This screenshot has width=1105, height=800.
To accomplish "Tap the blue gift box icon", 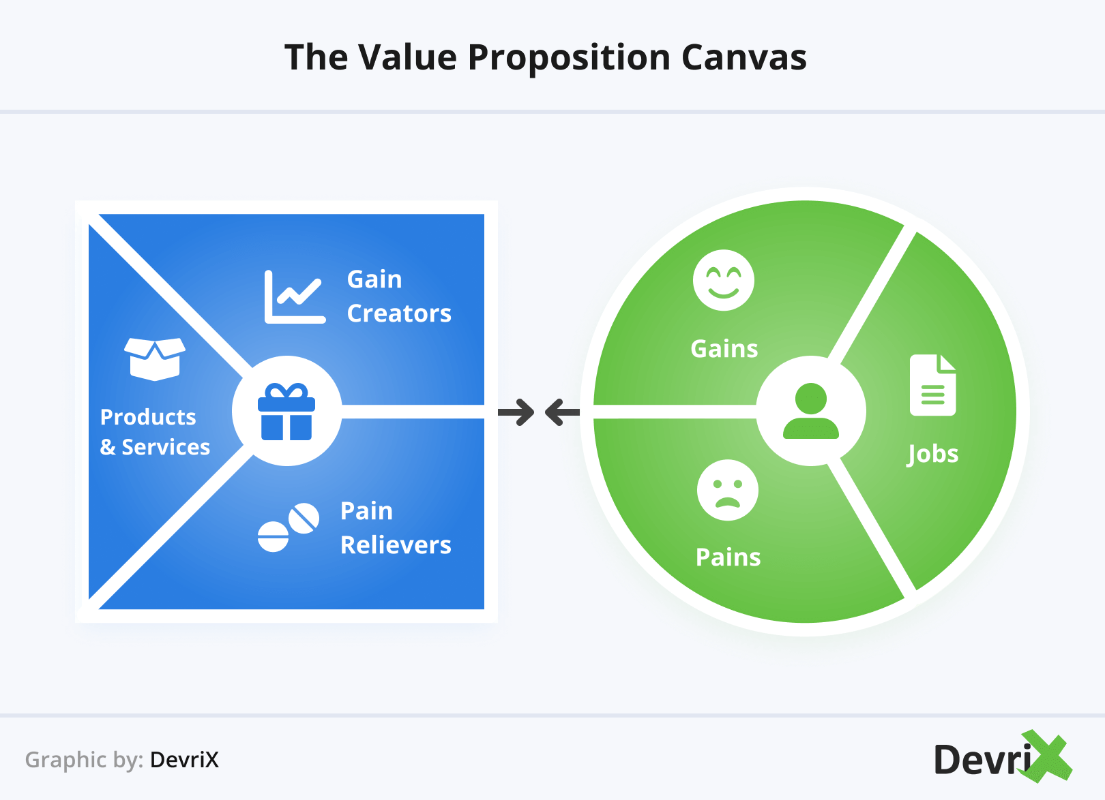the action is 286,412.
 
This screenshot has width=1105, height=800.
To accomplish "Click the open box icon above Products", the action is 155,358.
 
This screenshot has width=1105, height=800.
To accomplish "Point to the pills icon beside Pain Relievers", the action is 288,527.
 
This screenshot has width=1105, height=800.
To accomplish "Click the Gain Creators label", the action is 399,296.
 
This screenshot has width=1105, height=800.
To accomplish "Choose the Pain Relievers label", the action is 396,528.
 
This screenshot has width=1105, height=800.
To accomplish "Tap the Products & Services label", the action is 155,432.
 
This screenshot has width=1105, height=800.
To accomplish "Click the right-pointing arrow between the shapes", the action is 516,412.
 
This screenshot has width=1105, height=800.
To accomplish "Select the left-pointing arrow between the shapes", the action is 562,412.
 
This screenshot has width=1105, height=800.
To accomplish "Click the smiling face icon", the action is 724,280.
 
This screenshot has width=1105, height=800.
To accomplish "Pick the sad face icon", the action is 728,490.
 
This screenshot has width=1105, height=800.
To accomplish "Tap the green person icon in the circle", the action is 811,411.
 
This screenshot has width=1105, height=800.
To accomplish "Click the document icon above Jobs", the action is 932,385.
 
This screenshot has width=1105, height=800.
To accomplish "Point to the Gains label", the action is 724,349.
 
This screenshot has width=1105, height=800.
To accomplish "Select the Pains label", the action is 728,557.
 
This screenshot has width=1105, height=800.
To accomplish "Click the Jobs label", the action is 932,455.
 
